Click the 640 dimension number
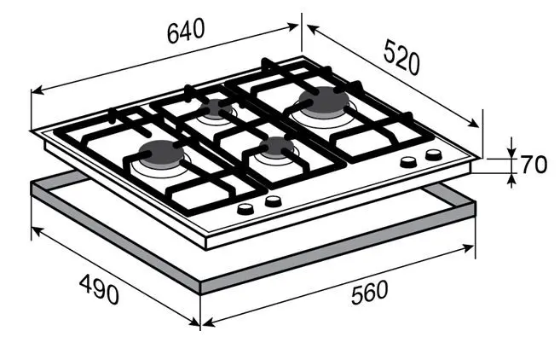point(186,31)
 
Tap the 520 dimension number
point(401,57)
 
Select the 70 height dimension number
point(534,165)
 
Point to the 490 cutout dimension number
point(99,289)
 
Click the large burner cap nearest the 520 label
point(324,100)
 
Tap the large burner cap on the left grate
point(161,153)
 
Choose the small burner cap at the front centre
point(277,147)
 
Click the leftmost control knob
point(245,208)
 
